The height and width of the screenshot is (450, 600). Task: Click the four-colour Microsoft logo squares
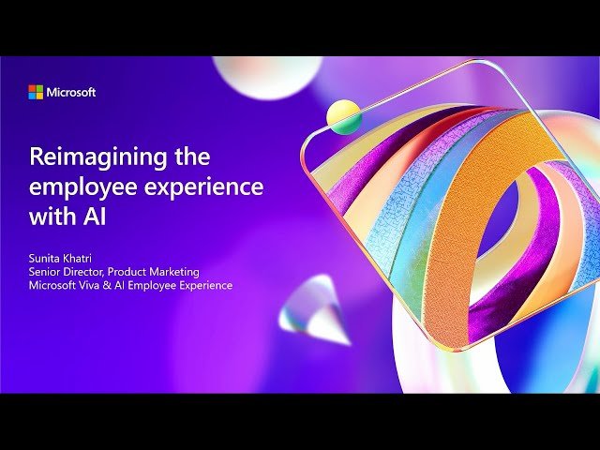click(36, 92)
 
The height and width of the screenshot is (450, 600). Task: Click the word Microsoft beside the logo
click(71, 92)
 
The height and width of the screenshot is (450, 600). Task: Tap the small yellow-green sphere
click(344, 116)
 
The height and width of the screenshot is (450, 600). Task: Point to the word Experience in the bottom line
click(207, 284)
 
